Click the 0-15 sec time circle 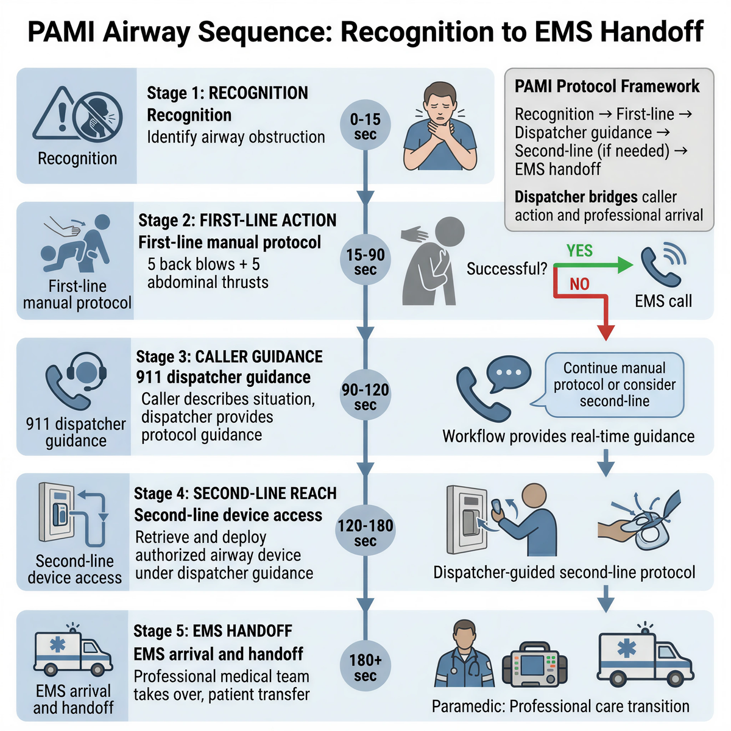(365, 127)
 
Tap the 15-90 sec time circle (365, 262)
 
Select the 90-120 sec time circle (365, 397)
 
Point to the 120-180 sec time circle (365, 532)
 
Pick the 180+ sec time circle (365, 668)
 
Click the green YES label (579, 250)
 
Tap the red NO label (579, 284)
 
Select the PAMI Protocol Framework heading (607, 87)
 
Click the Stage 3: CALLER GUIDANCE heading (229, 356)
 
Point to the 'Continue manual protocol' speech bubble (614, 384)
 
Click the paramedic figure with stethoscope (465, 657)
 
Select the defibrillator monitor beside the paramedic (534, 664)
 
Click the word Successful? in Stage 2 (507, 269)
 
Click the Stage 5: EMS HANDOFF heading (213, 630)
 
